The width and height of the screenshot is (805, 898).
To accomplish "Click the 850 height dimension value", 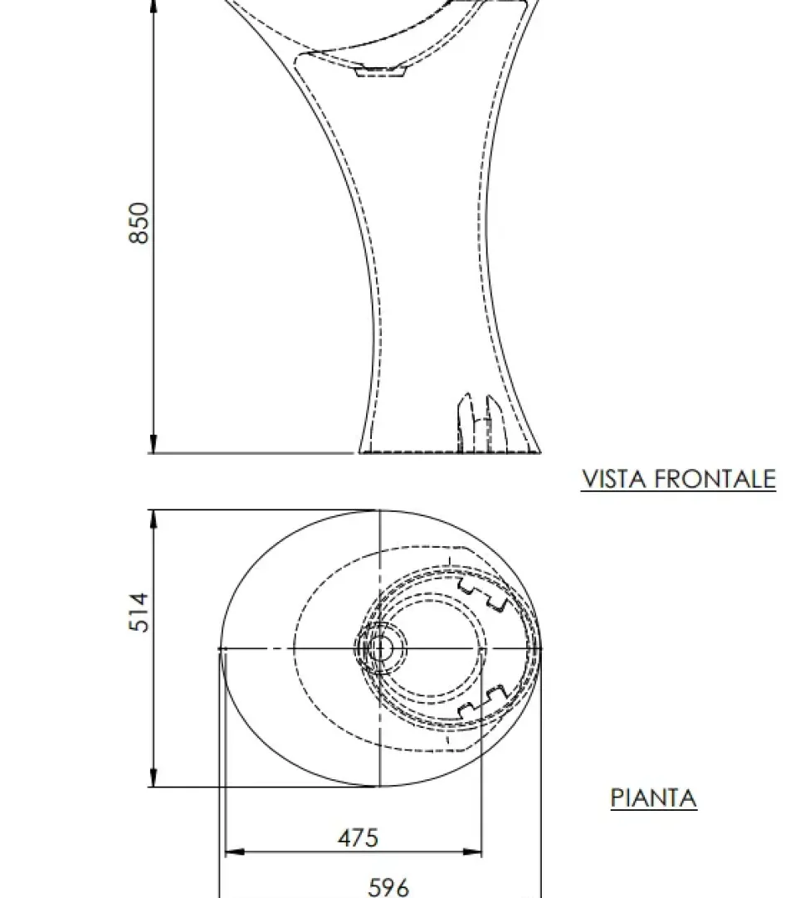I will (140, 222).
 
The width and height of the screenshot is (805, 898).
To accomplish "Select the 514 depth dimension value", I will (140, 612).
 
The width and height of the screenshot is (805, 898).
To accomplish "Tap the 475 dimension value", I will (358, 837).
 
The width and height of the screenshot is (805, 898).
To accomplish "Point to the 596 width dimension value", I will (388, 887).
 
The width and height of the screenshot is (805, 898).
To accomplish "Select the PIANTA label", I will (653, 798).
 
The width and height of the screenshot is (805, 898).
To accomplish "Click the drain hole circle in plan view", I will (379, 648).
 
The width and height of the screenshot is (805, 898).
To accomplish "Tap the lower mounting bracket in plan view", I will (482, 703).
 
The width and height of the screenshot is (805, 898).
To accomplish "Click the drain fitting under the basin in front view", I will (380, 72).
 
